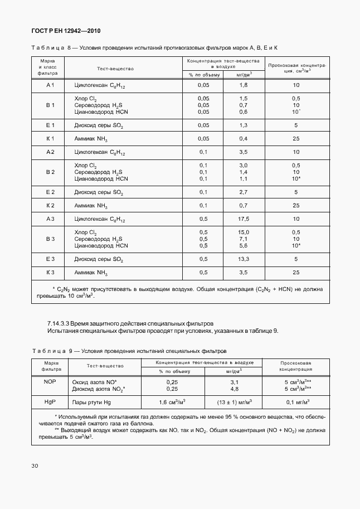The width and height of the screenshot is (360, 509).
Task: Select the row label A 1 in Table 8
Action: (50, 85)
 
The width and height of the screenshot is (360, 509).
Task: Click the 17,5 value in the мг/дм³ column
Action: (243, 219)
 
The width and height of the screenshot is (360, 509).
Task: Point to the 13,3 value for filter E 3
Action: (243, 259)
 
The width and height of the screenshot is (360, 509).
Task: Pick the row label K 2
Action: (50, 206)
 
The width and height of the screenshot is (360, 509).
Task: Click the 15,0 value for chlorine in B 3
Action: (243, 232)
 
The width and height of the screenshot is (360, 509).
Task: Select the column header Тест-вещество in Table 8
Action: (115, 69)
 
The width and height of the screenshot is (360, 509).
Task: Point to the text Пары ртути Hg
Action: (92, 402)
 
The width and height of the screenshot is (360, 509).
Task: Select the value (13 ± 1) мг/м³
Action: (234, 402)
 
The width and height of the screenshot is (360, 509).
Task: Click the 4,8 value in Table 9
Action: (234, 389)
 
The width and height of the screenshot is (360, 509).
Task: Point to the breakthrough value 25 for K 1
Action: (295, 138)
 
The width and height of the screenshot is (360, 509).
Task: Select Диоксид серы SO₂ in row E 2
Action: (98, 192)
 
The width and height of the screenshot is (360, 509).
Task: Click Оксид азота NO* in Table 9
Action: (95, 382)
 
